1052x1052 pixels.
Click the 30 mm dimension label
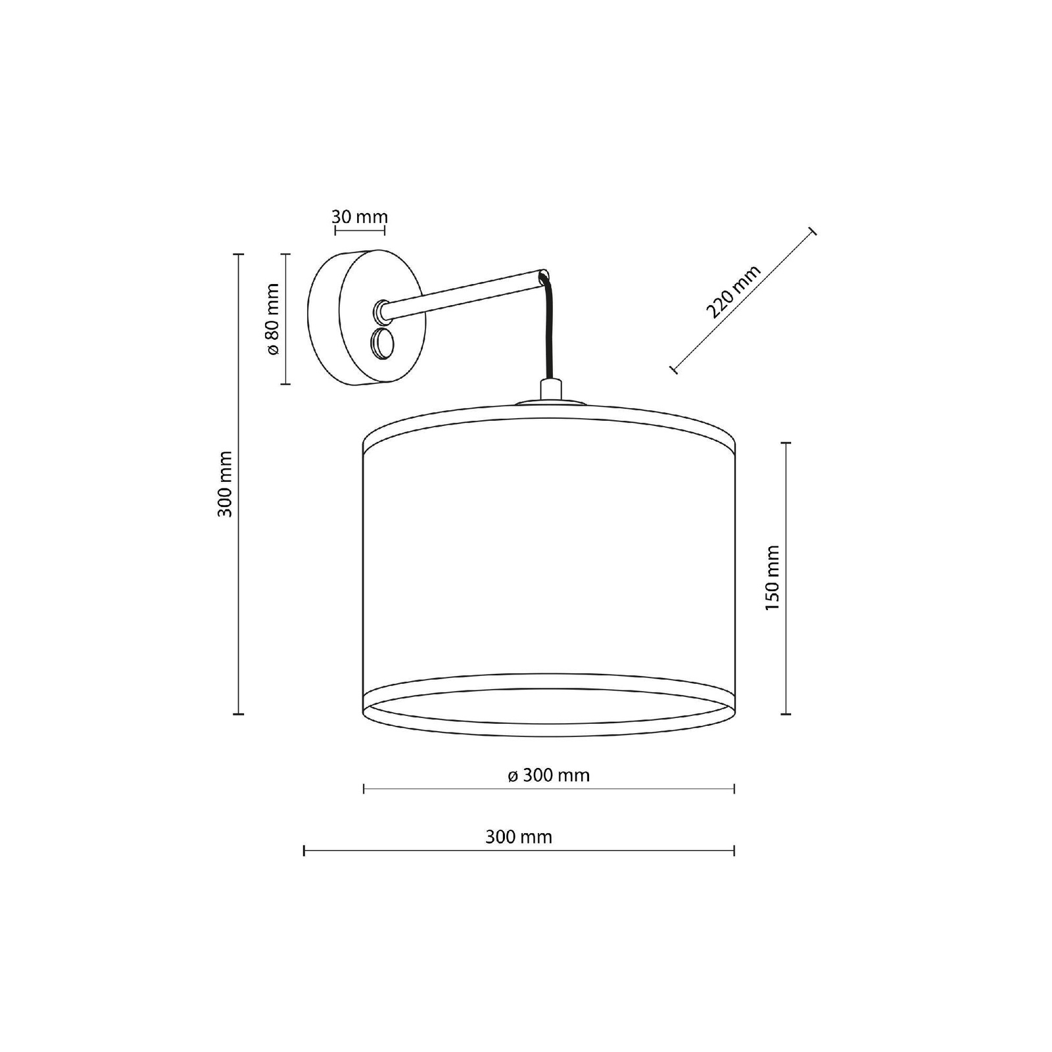[360, 217]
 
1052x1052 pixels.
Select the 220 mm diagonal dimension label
[733, 291]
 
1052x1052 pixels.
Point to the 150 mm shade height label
[773, 578]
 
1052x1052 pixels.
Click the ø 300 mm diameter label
[549, 776]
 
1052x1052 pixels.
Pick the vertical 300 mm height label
[225, 484]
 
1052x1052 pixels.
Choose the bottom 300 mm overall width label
[519, 837]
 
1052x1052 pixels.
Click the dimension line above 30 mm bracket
[360, 231]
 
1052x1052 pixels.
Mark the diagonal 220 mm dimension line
[743, 300]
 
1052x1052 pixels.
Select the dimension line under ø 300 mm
[549, 788]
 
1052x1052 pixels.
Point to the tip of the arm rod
[544, 275]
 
